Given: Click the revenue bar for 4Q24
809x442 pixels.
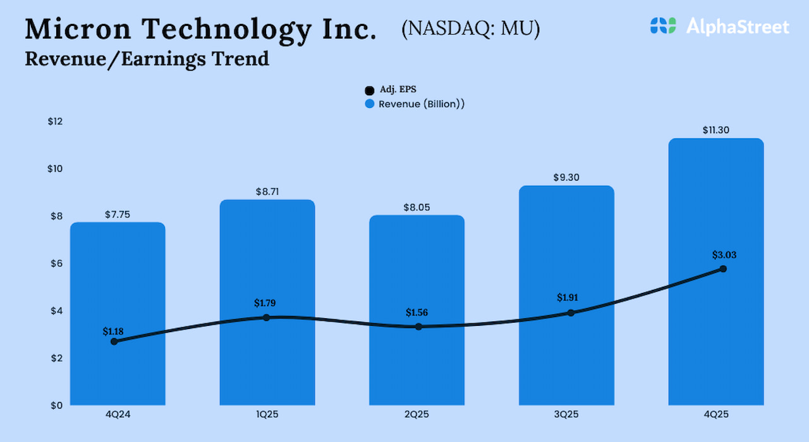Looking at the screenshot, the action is point(118,284).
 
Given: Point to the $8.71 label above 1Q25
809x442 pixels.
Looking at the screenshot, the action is point(267,191).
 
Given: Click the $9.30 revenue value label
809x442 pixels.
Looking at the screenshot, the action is point(566,177).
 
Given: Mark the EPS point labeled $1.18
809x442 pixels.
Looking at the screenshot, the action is point(114,342).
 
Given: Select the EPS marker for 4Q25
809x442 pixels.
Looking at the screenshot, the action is point(723,269).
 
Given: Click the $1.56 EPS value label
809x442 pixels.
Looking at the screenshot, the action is point(417,313).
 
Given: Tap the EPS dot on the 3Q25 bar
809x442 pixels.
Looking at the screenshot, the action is point(571,313).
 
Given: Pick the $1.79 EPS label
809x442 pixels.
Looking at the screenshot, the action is point(265,303).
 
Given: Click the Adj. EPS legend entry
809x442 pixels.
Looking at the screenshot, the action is point(392,90).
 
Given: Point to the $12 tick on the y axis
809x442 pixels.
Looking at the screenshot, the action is point(56,121).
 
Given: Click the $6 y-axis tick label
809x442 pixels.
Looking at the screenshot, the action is point(56,263).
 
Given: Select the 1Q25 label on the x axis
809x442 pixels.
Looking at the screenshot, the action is point(267,415).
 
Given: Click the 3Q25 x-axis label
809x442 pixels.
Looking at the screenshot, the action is point(566,415).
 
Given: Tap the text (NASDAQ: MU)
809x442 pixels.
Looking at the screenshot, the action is point(470,28).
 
